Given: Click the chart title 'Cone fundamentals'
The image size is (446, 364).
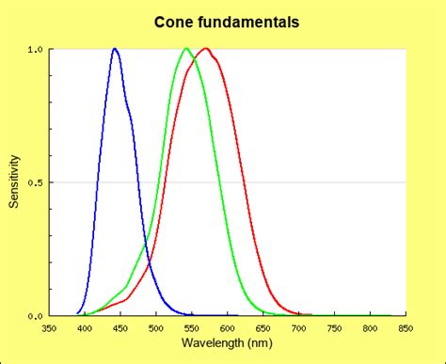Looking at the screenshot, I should [x=222, y=21].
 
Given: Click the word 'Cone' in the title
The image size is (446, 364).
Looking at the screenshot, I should [x=175, y=21].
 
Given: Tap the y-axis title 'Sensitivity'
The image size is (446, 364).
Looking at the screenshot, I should [x=14, y=182].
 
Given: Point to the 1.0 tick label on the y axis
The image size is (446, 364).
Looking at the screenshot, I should [x=35, y=49].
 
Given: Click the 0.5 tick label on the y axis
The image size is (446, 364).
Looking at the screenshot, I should [x=35, y=182].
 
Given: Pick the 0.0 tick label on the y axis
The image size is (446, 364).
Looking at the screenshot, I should [x=35, y=316].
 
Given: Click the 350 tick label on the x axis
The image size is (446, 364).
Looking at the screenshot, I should [x=49, y=328].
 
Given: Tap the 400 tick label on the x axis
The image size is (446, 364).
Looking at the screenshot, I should [x=85, y=328].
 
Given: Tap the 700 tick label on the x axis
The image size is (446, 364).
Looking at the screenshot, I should [x=299, y=328].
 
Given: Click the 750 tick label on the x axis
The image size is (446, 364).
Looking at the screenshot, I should [x=335, y=328].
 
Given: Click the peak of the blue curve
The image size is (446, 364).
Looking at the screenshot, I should [x=115, y=49].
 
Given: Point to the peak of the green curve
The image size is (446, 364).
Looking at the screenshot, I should [x=186, y=49].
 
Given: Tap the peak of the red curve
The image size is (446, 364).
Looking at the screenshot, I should [x=206, y=49].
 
